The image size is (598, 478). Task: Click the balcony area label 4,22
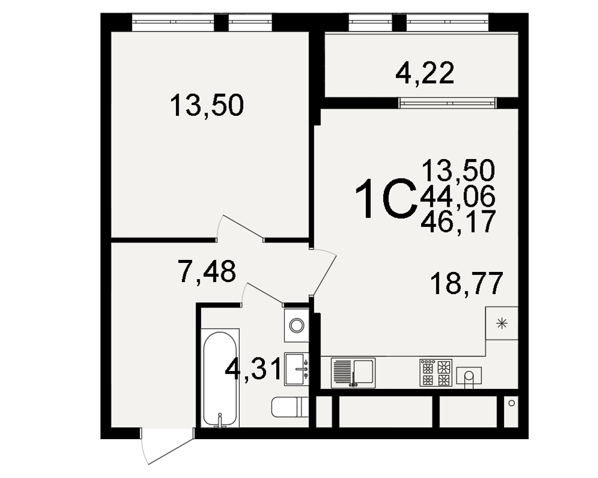tap(425, 73)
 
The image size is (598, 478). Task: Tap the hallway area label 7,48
tap(207, 271)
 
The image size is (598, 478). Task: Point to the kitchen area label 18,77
tap(466, 284)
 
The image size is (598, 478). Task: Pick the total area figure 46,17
tap(457, 221)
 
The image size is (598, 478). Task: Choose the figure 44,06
tap(457, 197)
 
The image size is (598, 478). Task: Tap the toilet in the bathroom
tap(290, 407)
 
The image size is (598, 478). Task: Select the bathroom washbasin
tap(297, 369)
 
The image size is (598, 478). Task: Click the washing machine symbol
tap(297, 325)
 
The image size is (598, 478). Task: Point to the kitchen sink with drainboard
tap(353, 373)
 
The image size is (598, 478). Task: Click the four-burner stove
tap(436, 373)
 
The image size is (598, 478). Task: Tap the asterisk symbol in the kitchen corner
tap(502, 324)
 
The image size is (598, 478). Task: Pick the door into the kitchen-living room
tap(324, 272)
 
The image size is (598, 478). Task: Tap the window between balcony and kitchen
tap(447, 103)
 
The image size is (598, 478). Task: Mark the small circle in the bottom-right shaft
tap(512, 403)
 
